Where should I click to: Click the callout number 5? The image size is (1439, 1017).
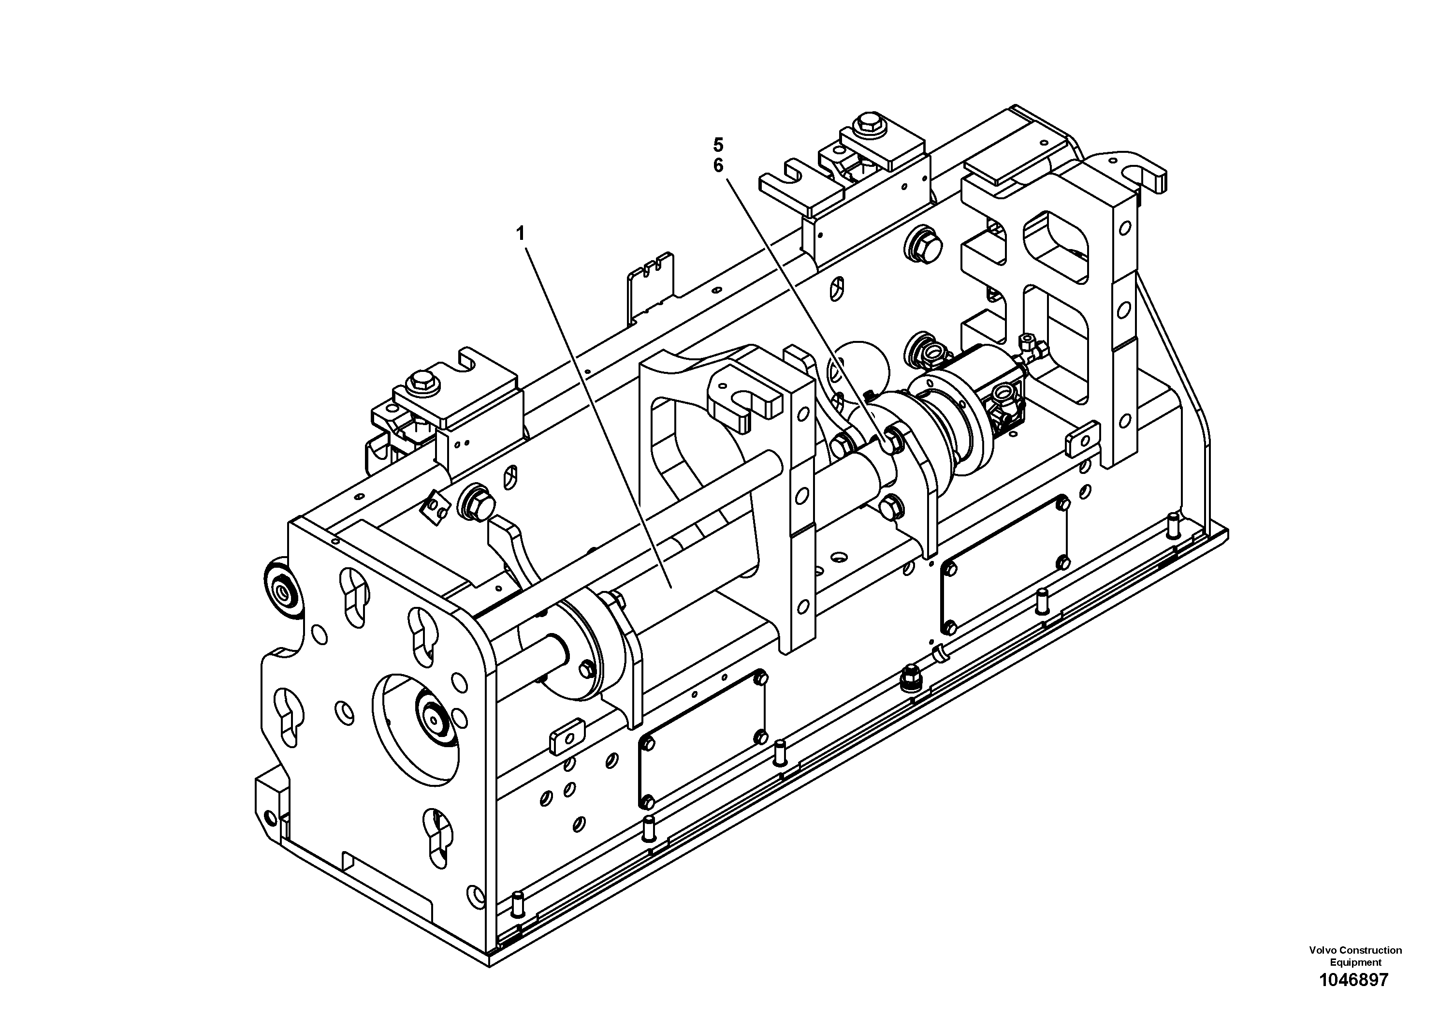tap(718, 145)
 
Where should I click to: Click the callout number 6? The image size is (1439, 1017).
tap(718, 166)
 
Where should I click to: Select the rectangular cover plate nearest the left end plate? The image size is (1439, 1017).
tap(702, 740)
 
